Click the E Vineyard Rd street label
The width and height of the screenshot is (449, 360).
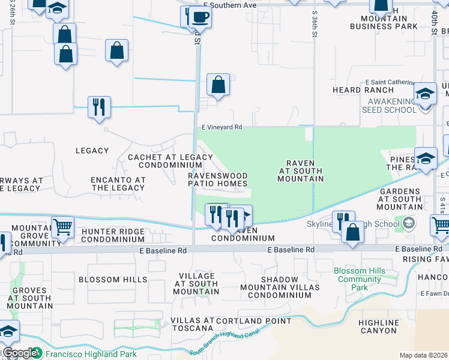pyautogui.click(x=221, y=127)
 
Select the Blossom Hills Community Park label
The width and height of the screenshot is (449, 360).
pyautogui.click(x=360, y=279)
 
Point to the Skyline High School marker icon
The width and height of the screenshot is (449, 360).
pyautogui.click(x=409, y=224)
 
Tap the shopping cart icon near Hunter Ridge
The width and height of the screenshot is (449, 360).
pyautogui.click(x=62, y=227)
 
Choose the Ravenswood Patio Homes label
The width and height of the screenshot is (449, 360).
pyautogui.click(x=218, y=179)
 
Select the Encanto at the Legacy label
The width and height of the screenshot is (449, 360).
pyautogui.click(x=118, y=184)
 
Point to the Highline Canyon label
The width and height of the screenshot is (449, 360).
pyautogui.click(x=378, y=326)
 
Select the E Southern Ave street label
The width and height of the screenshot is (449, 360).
pyautogui.click(x=230, y=5)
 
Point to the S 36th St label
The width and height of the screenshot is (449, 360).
pyautogui.click(x=315, y=24)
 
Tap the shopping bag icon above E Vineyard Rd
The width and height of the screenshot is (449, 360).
pyautogui.click(x=218, y=85)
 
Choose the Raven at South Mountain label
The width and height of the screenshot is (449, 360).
pyautogui.click(x=301, y=170)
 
